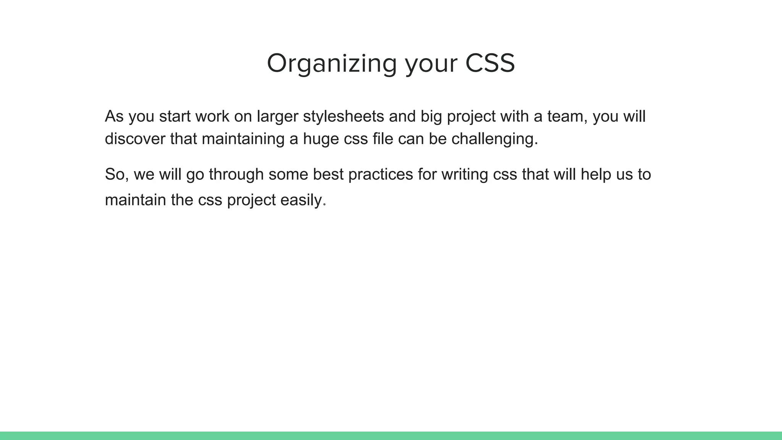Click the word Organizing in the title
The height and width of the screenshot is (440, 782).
click(331, 63)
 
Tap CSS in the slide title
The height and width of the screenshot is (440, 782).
click(490, 63)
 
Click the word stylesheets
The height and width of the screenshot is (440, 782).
click(343, 116)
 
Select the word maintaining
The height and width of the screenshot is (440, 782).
click(243, 139)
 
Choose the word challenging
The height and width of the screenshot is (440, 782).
click(494, 139)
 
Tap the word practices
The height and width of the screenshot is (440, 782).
click(380, 175)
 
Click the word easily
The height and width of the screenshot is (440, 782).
click(301, 200)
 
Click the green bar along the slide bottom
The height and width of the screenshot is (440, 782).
click(391, 436)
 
